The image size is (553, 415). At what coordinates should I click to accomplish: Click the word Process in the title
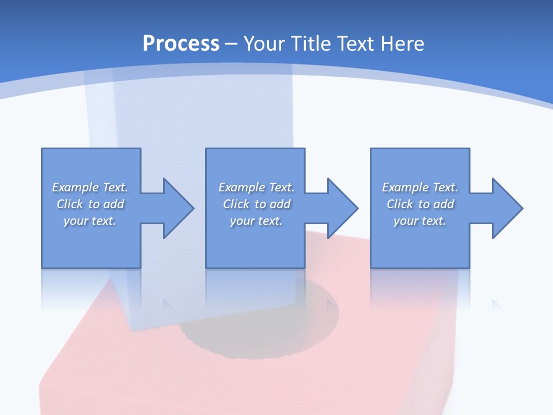pyautogui.click(x=181, y=43)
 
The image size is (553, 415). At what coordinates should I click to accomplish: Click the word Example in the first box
pyautogui.click(x=75, y=187)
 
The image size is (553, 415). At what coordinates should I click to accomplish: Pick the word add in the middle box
pyautogui.click(x=280, y=204)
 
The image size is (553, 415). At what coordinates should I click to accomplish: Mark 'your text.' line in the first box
pyautogui.click(x=90, y=221)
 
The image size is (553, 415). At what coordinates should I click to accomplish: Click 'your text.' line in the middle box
pyautogui.click(x=256, y=221)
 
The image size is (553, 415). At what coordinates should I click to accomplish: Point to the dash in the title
pyautogui.click(x=232, y=44)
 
